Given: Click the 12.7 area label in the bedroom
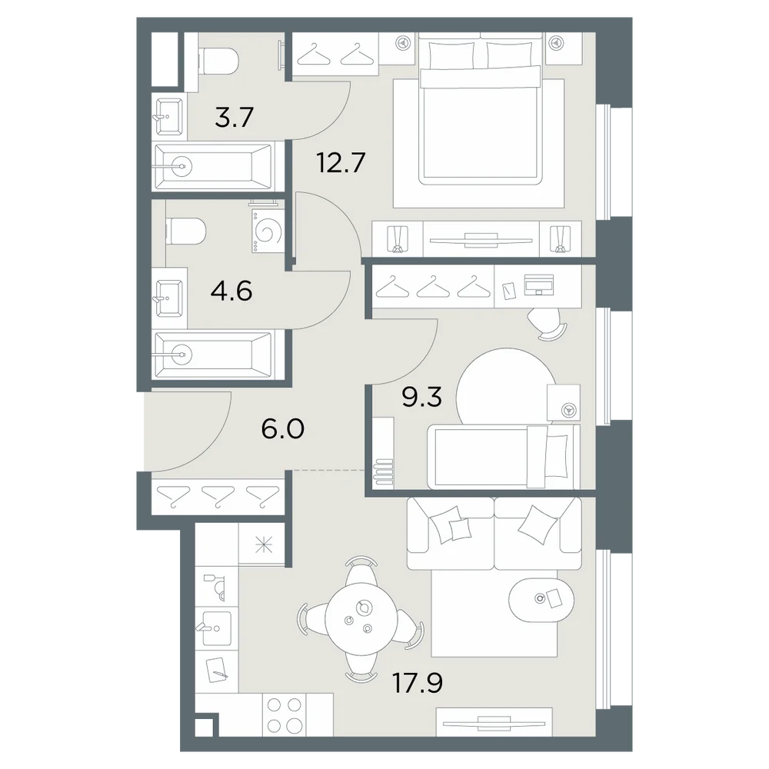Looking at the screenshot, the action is [341, 162].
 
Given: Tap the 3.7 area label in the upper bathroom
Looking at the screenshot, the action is [234, 118].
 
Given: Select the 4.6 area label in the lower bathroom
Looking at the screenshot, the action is [231, 291].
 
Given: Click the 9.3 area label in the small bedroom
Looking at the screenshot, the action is [421, 397].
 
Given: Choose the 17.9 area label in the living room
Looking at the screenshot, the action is [418, 683].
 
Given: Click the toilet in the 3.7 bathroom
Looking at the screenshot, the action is [218, 60].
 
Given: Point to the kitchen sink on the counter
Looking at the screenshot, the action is [216, 628].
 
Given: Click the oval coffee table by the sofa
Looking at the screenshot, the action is [541, 599].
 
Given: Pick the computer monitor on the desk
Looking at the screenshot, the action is [539, 285].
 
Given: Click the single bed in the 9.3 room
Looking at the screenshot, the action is [504, 457].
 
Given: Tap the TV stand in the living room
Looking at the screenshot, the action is [494, 721].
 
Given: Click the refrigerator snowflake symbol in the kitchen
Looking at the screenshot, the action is [264, 545].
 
